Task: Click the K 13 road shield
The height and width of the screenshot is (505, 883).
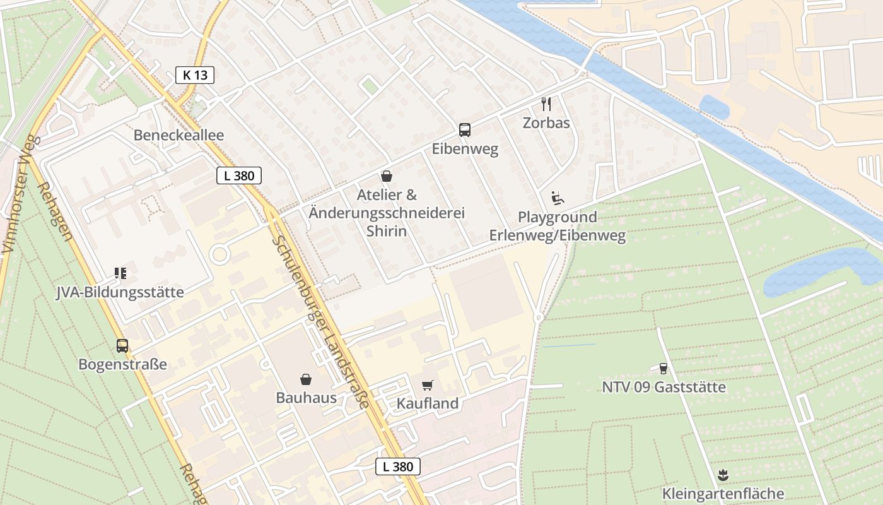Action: pyautogui.click(x=195, y=75)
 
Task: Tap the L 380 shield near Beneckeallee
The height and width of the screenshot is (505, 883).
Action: pyautogui.click(x=238, y=175)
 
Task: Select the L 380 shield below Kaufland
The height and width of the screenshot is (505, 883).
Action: pyautogui.click(x=397, y=466)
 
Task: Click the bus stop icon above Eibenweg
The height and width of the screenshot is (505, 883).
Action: pyautogui.click(x=465, y=130)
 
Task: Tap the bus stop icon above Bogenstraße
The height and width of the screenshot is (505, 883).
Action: pyautogui.click(x=122, y=346)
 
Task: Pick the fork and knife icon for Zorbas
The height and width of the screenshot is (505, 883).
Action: pyautogui.click(x=546, y=104)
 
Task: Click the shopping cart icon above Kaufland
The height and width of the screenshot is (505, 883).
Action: pyautogui.click(x=428, y=385)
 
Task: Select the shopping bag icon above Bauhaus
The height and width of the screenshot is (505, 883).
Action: pyautogui.click(x=306, y=379)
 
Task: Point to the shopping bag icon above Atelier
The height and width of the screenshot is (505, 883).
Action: pyautogui.click(x=387, y=176)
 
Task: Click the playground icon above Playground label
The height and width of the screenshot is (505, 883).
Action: pyautogui.click(x=557, y=198)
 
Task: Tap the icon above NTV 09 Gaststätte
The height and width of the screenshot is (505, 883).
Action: pyautogui.click(x=663, y=368)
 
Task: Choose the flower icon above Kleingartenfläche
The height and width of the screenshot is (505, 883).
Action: pyautogui.click(x=723, y=475)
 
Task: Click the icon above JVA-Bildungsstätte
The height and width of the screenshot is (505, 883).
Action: pyautogui.click(x=120, y=273)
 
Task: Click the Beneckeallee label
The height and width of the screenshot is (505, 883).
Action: pyautogui.click(x=178, y=135)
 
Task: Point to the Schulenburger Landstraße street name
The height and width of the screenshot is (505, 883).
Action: pyautogui.click(x=320, y=322)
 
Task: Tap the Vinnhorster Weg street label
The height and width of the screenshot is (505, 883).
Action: pyautogui.click(x=17, y=196)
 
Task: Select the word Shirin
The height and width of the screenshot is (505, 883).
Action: pyautogui.click(x=386, y=231)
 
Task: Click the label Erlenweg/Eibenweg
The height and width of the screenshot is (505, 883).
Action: pyautogui.click(x=558, y=236)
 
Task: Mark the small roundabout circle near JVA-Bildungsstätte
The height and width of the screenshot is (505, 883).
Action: pyautogui.click(x=219, y=255)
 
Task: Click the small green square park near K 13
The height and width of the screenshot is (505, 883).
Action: pyautogui.click(x=370, y=86)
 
